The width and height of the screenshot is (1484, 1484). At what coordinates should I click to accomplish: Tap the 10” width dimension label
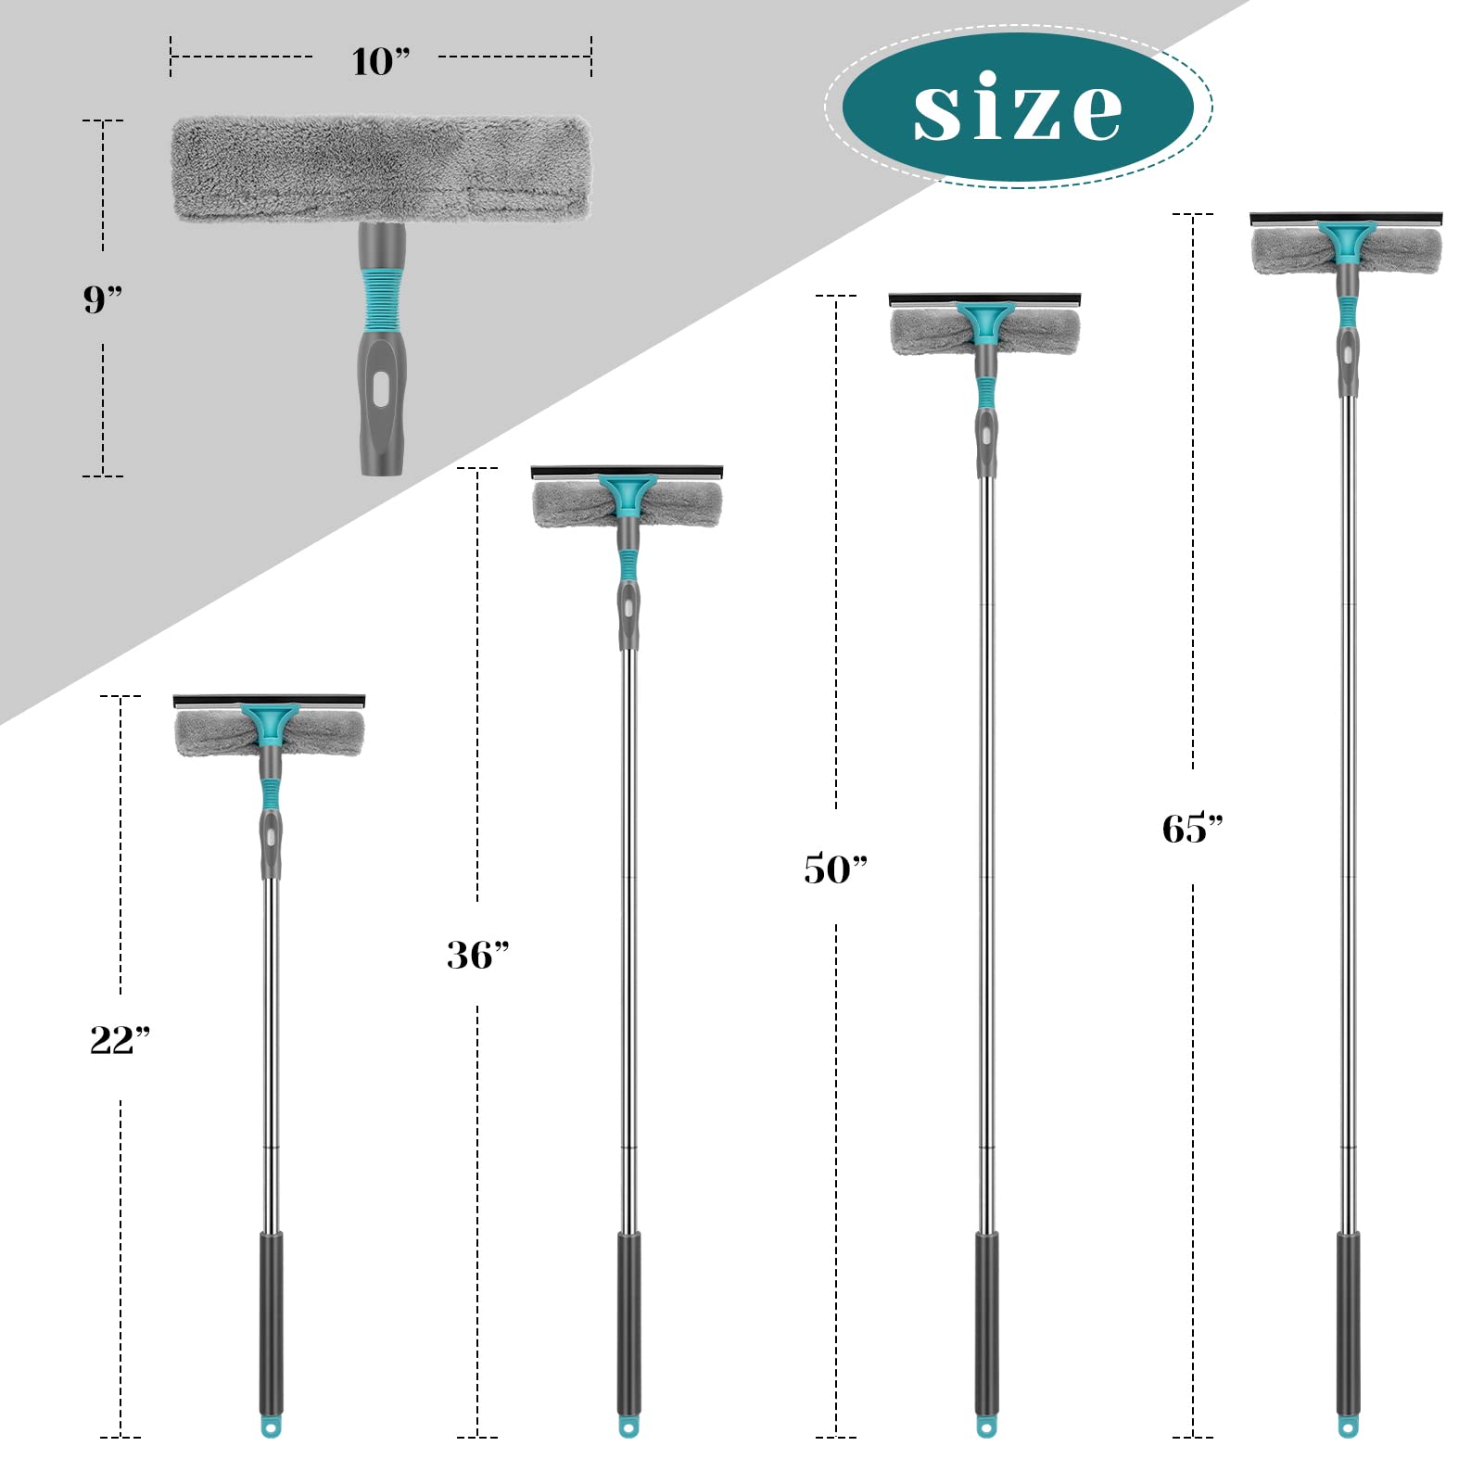380,61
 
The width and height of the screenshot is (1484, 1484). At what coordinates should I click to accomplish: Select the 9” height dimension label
102,298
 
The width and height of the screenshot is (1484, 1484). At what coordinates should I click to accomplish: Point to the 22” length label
120,1039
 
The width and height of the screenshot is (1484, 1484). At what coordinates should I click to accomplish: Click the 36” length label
477,954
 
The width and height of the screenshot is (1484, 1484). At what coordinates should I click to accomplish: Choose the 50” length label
835,869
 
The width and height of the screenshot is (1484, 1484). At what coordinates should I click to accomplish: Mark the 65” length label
1193,828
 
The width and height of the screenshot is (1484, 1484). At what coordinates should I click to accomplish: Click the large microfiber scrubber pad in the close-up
381,169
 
